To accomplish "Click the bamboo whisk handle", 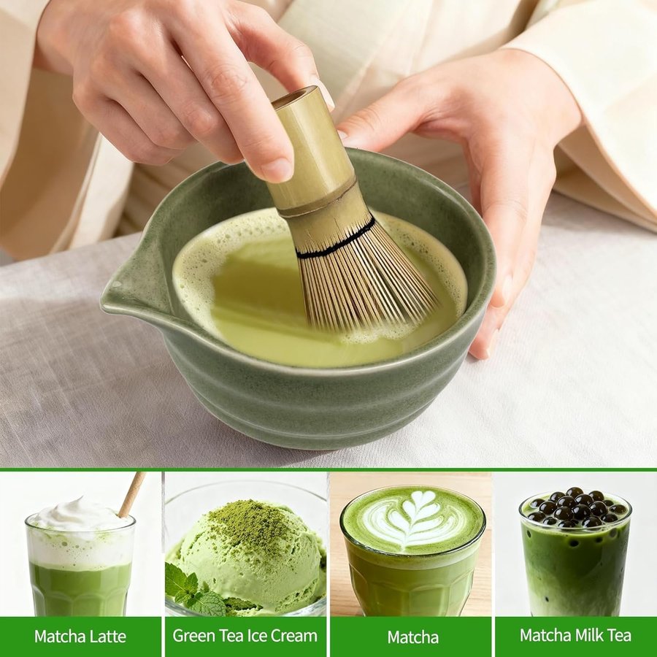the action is [313, 151].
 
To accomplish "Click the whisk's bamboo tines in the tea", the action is [364, 281].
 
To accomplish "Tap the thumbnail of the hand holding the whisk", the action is [277, 169].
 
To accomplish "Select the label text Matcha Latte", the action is [80, 637].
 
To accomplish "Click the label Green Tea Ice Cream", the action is [245, 636].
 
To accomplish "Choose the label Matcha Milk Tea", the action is [575, 635].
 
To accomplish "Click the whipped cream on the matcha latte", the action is [80, 515].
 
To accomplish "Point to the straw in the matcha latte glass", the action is [131, 494].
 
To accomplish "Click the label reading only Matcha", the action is [412, 637].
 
